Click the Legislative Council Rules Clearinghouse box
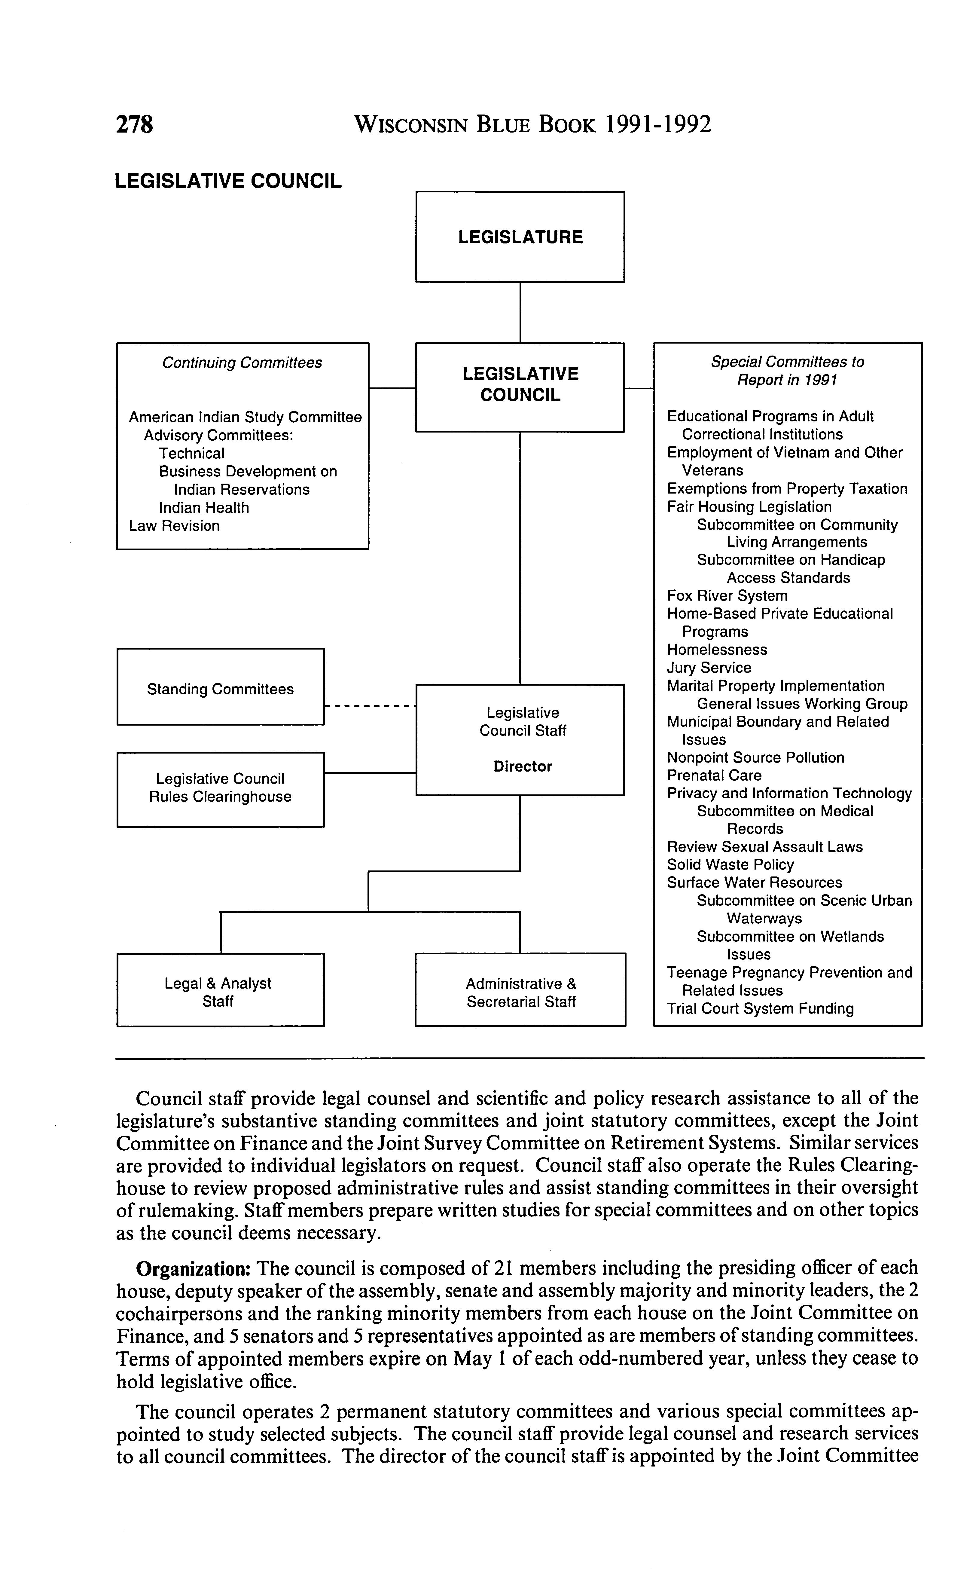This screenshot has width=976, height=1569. (x=220, y=788)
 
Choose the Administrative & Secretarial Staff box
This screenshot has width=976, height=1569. (x=520, y=992)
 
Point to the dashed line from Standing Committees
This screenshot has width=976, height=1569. (x=369, y=706)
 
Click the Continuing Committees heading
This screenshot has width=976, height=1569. (x=242, y=363)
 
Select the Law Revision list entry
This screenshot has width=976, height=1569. (x=174, y=526)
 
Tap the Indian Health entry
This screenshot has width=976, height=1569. (x=204, y=507)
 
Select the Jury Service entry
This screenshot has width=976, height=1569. (x=709, y=668)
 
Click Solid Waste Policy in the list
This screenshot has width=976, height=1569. (x=730, y=864)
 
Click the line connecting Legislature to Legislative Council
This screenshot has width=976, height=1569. (x=520, y=313)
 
